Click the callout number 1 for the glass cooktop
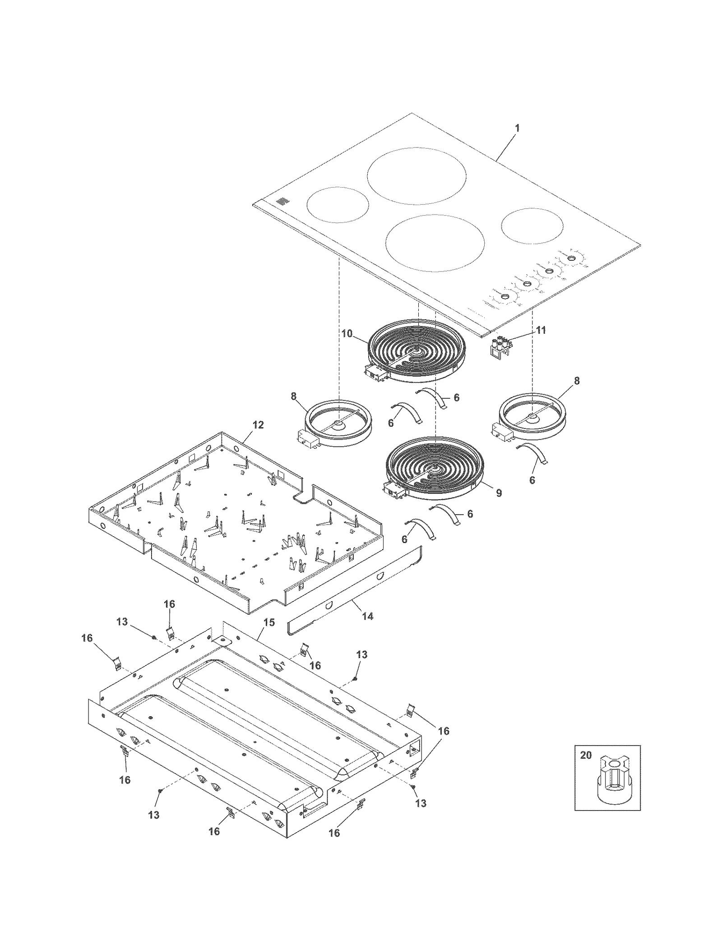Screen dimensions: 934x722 (517, 128)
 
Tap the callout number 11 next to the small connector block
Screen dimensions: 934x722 (541, 330)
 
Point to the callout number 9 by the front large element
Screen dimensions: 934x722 (499, 493)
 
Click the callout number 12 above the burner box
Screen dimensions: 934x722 (258, 425)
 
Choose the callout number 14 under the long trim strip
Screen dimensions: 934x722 (368, 616)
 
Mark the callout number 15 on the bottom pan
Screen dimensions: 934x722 (268, 623)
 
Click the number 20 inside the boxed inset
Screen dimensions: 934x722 (585, 755)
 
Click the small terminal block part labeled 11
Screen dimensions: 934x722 (500, 347)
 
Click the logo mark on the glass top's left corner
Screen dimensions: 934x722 (282, 202)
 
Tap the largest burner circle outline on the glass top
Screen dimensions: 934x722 (416, 176)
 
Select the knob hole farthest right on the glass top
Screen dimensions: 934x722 (571, 258)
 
